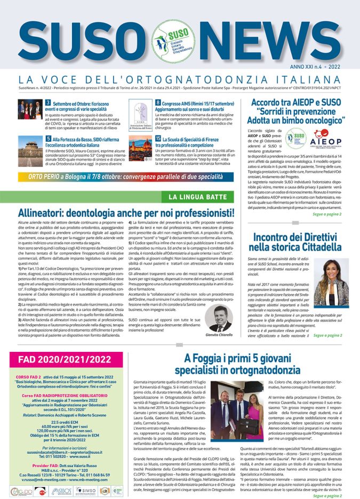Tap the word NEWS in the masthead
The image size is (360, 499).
[x=281, y=38]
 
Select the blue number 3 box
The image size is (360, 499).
[x=47, y=102]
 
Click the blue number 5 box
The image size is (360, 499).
[x=48, y=139]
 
